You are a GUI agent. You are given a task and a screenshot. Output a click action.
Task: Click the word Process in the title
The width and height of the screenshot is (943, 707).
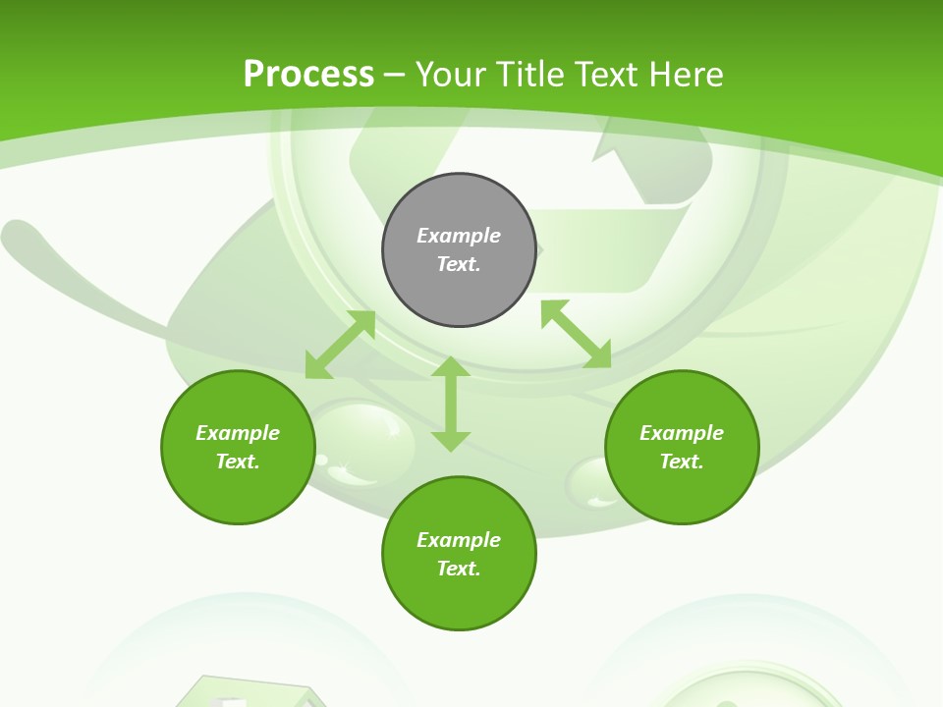(x=308, y=74)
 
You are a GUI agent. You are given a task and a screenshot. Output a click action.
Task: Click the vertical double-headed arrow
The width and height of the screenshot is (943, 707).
(x=451, y=404)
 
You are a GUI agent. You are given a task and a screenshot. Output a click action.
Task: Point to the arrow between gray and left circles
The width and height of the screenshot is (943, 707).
(x=340, y=345)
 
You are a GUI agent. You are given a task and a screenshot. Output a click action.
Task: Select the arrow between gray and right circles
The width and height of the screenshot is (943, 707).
(x=576, y=334)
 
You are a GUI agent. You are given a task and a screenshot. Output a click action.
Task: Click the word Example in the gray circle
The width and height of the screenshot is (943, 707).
(x=459, y=236)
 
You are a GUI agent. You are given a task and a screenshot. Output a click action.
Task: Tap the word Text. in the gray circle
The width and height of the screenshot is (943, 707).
(x=459, y=264)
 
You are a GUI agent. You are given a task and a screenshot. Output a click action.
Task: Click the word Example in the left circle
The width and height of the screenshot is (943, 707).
(x=238, y=433)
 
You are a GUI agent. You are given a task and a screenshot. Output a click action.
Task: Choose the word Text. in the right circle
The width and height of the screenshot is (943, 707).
(x=682, y=462)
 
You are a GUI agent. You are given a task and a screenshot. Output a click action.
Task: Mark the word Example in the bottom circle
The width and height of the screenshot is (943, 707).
(x=459, y=540)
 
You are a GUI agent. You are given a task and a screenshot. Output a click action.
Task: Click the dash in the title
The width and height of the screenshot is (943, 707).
(x=394, y=74)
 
